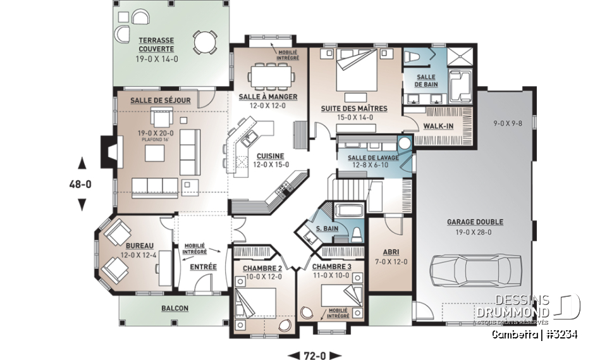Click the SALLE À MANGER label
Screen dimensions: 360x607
pyautogui.click(x=268, y=97)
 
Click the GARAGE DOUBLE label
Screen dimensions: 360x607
pyautogui.click(x=475, y=222)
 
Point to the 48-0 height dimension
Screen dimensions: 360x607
pyautogui.click(x=81, y=185)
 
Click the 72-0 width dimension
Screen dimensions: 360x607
pyautogui.click(x=314, y=355)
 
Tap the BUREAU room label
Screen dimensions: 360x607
pyautogui.click(x=138, y=245)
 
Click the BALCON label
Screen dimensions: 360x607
pyautogui.click(x=175, y=308)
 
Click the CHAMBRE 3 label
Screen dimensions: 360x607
pyautogui.click(x=331, y=268)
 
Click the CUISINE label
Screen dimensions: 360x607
pyautogui.click(x=270, y=156)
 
